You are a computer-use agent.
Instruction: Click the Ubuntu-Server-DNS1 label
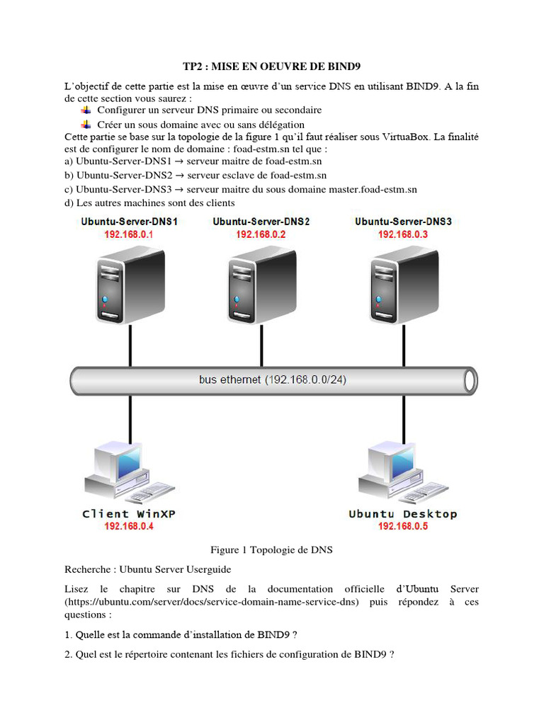click(x=129, y=222)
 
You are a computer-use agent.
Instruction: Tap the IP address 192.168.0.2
click(x=261, y=234)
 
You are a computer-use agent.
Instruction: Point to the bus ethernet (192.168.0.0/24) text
click(x=273, y=380)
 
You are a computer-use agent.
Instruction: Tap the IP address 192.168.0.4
click(x=129, y=526)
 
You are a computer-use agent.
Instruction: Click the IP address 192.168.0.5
click(x=403, y=526)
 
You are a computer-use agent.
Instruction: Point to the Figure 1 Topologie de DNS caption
click(x=271, y=549)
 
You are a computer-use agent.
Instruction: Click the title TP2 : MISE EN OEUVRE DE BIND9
click(x=272, y=67)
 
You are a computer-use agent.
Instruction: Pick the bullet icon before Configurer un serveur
click(x=86, y=110)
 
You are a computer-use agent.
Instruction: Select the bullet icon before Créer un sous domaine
click(x=86, y=124)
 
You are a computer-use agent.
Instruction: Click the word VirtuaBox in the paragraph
click(x=404, y=137)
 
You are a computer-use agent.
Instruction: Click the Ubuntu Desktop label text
click(x=403, y=514)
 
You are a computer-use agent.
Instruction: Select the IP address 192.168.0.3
click(x=403, y=234)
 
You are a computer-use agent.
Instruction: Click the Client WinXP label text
click(x=129, y=514)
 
